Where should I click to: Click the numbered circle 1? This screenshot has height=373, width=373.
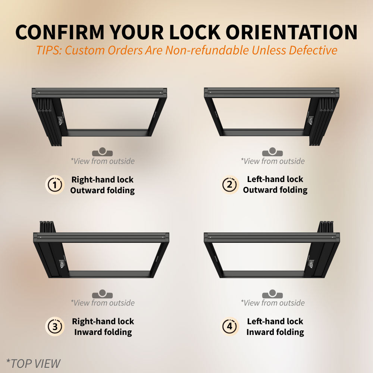click(x=55, y=185)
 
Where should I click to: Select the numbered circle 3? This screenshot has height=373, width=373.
click(x=55, y=327)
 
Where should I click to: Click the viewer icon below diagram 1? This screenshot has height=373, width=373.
click(x=102, y=152)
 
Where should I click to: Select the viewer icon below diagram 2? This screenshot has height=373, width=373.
click(x=272, y=152)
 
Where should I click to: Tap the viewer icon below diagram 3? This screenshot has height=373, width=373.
click(x=102, y=294)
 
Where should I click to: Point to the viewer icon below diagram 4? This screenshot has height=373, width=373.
click(x=272, y=294)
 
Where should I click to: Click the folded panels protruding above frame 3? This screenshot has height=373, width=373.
click(x=47, y=226)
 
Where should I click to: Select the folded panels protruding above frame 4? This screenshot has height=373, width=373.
click(x=326, y=226)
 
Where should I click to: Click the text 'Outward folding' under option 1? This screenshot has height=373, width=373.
click(x=102, y=190)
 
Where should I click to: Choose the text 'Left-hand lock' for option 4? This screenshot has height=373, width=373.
click(x=275, y=321)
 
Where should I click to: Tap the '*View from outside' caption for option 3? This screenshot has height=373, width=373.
click(x=102, y=303)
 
